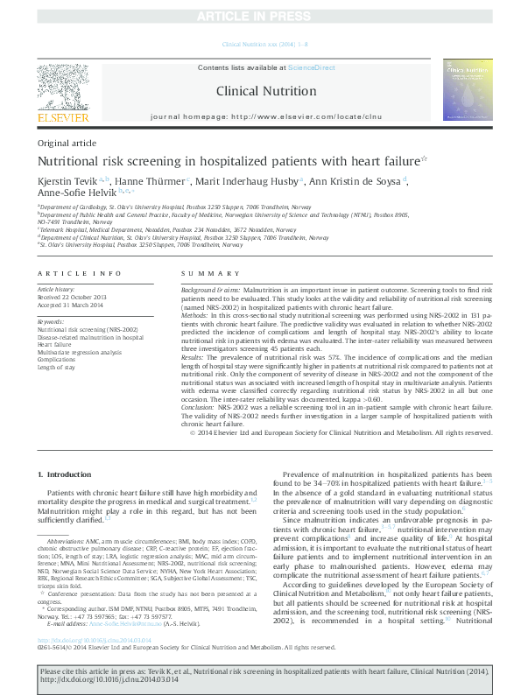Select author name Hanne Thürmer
(x=148, y=180)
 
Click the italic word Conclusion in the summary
(x=199, y=408)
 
